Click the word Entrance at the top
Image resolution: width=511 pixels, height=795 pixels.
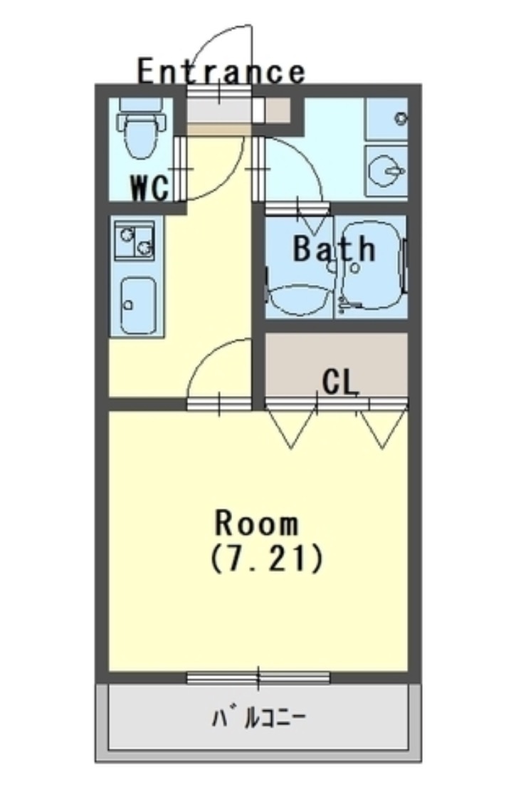(x=221, y=71)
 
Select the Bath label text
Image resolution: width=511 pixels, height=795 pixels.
(x=334, y=249)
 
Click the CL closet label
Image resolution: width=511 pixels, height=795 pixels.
(x=340, y=383)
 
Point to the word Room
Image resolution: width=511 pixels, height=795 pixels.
(x=257, y=524)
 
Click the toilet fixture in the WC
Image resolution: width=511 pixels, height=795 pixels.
(x=142, y=128)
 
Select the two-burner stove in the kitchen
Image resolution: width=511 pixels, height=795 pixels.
(x=135, y=241)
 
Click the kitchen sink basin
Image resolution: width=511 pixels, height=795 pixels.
(x=137, y=304)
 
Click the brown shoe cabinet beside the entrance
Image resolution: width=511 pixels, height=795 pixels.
(x=278, y=110)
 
